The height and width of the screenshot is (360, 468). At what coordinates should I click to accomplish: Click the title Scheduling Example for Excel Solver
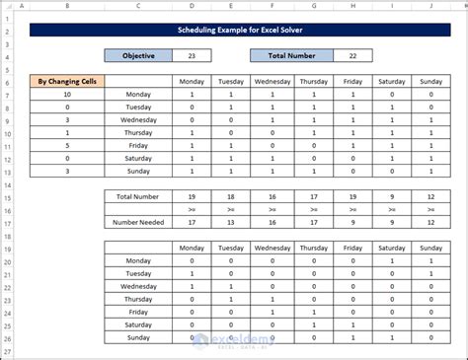pos(234,32)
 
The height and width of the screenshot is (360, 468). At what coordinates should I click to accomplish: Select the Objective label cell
pos(137,56)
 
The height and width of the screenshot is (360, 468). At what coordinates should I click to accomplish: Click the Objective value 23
pos(192,56)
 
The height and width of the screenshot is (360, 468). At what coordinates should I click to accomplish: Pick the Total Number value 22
pos(353,56)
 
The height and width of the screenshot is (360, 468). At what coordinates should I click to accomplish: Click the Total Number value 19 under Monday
pos(191,197)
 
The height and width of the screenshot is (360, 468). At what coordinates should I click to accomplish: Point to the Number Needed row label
pos(137,223)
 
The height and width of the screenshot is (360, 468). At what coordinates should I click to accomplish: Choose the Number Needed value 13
pos(231,223)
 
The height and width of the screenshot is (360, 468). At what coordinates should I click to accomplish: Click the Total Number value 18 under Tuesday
pos(231,197)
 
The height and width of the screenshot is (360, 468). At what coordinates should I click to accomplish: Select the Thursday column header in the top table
pos(313,83)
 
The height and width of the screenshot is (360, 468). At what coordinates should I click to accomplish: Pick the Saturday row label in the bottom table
pos(137,323)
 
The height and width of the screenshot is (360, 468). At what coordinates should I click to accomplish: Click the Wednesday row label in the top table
pos(137,120)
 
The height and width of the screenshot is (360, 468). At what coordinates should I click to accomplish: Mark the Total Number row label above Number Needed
pos(137,197)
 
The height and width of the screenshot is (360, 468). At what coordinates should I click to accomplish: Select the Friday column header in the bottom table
pos(353,249)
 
